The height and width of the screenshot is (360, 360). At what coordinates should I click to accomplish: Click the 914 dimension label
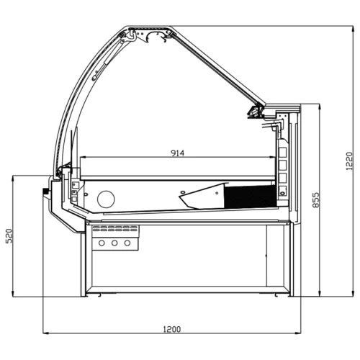[177, 153]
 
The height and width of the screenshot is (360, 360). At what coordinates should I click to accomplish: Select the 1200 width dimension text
[172, 329]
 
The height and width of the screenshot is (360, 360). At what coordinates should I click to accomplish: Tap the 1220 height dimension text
[349, 161]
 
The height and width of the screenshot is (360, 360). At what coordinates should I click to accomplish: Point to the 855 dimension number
[316, 199]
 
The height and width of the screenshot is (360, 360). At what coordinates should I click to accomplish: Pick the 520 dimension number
[9, 236]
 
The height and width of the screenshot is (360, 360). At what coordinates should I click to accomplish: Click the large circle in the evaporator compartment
[106, 199]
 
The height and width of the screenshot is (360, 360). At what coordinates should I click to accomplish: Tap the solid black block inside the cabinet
[251, 197]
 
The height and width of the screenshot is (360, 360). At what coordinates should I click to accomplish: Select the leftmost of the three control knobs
[102, 243]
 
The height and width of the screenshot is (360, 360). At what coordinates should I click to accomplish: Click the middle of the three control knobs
[114, 243]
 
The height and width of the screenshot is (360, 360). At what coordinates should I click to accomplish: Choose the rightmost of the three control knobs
[127, 243]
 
